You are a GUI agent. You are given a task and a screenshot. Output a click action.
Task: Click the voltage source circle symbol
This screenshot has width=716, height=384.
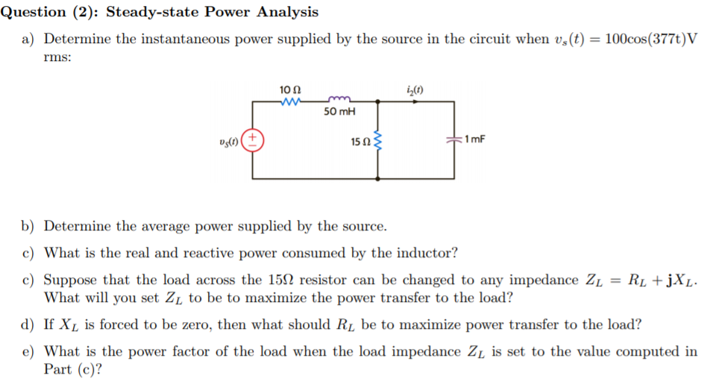[x=253, y=140]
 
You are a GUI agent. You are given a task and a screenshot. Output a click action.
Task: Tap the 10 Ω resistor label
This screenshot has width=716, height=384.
[x=290, y=89]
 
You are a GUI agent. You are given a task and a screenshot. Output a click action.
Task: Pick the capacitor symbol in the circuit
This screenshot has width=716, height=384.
[x=453, y=139]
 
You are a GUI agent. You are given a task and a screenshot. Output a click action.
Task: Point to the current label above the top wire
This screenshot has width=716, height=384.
[x=416, y=90]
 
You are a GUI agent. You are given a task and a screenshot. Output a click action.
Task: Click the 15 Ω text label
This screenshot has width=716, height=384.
[x=359, y=141]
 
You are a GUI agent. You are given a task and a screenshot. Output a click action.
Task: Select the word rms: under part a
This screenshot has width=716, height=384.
[x=57, y=60]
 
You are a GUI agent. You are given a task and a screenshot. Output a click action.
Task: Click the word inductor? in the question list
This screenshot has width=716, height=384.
[x=427, y=253]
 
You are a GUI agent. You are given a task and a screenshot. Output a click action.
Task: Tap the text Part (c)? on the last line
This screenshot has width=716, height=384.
[x=73, y=369]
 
